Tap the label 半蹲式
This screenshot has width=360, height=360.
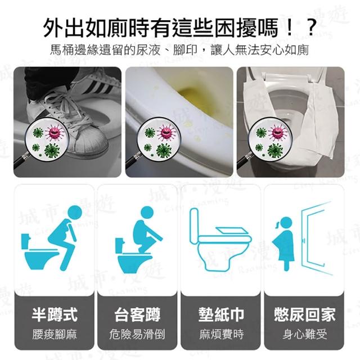[x=55, y=314]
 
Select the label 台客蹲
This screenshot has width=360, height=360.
[x=137, y=314]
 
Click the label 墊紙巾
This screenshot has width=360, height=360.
[x=221, y=314]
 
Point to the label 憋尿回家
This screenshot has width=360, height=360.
[x=304, y=314]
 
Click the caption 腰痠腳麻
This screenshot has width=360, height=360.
[x=55, y=334]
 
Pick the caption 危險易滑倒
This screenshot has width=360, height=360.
[x=137, y=334]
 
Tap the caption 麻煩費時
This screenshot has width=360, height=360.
[x=221, y=334]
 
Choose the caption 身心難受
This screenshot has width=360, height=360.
[x=304, y=334]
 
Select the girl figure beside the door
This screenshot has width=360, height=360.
[x=283, y=244]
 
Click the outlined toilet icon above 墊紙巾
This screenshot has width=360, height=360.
[x=220, y=240]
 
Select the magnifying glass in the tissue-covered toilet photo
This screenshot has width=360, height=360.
[x=264, y=142]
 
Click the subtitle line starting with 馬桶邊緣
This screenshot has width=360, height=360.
[x=179, y=50]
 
